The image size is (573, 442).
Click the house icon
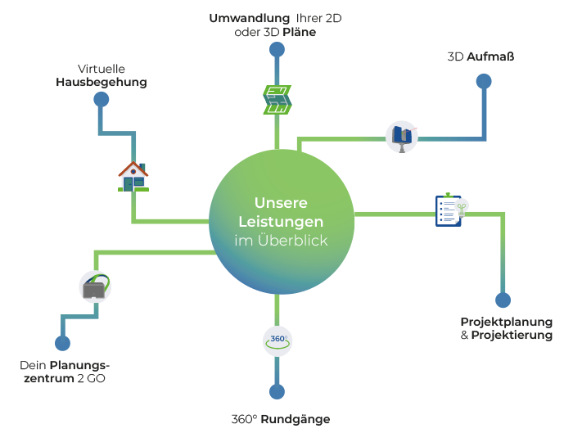pyautogui.click(x=133, y=175)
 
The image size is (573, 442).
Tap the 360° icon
pyautogui.click(x=277, y=340)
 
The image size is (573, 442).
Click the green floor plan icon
pyautogui.click(x=277, y=99)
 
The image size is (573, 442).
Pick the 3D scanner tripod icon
pyautogui.click(x=402, y=136)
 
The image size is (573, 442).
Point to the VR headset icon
pyautogui.click(x=95, y=287)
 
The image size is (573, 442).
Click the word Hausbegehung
pyautogui.click(x=102, y=83)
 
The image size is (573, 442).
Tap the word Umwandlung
pyautogui.click(x=249, y=18)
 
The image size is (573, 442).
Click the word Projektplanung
pyautogui.click(x=506, y=322)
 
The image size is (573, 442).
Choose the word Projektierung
pyautogui.click(x=512, y=336)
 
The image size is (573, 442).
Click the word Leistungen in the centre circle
pyautogui.click(x=281, y=222)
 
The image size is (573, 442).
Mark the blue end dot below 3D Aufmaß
pyautogui.click(x=485, y=81)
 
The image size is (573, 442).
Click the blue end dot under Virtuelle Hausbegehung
pyautogui.click(x=102, y=100)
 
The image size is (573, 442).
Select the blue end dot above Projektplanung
pyautogui.click(x=503, y=300)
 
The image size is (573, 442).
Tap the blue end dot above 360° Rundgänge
pyautogui.click(x=277, y=391)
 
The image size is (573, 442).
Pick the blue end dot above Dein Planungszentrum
pyautogui.click(x=61, y=343)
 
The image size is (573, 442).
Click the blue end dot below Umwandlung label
pyautogui.click(x=277, y=51)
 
